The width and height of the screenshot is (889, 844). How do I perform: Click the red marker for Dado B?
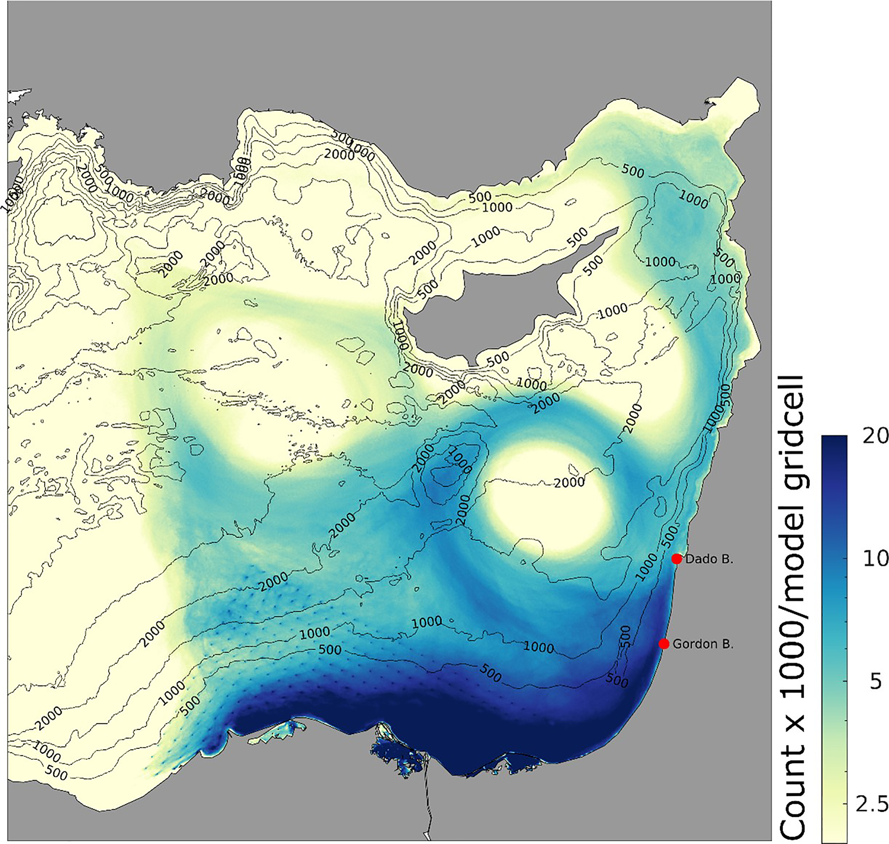pyautogui.click(x=677, y=559)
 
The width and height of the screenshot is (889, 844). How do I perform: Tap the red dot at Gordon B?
pyautogui.click(x=664, y=644)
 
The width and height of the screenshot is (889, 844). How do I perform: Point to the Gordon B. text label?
pyautogui.click(x=703, y=644)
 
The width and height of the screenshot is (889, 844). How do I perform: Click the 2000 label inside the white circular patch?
pyautogui.click(x=569, y=483)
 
